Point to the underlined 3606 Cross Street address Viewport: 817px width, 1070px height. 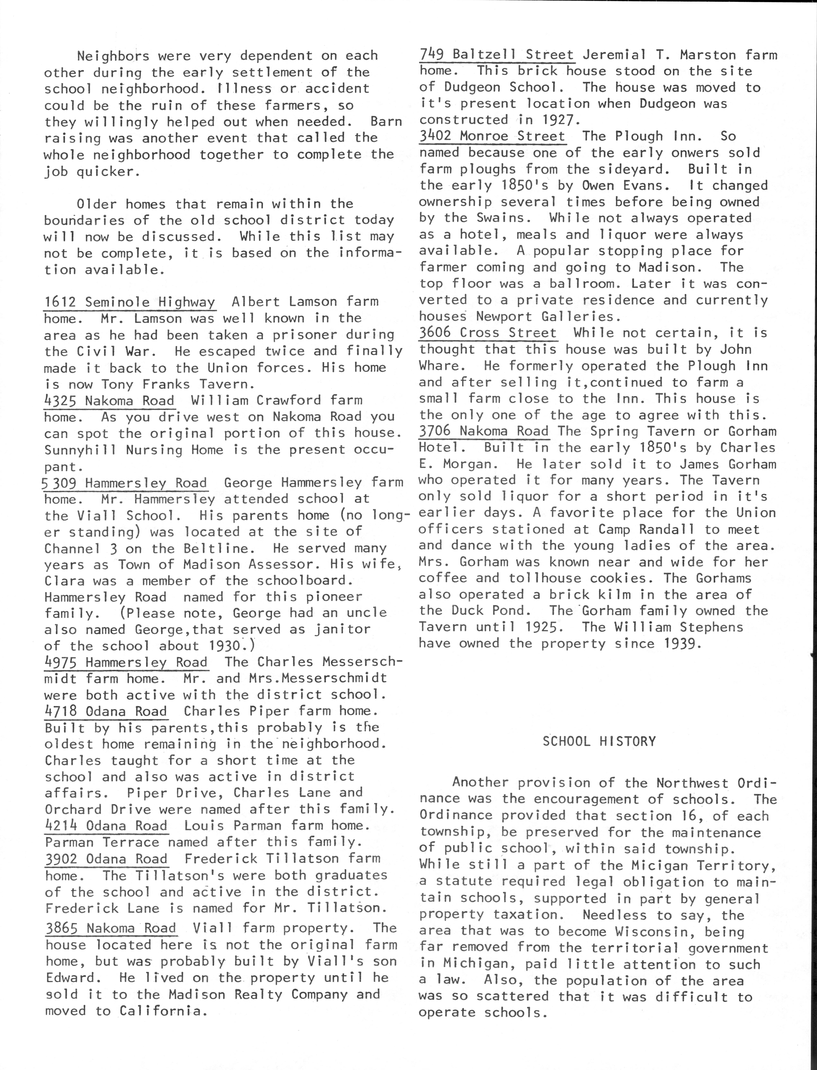[x=488, y=333]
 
